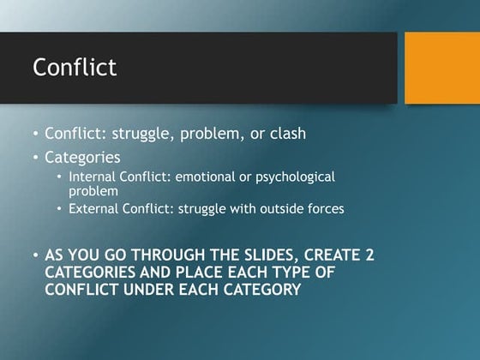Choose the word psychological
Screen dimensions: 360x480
tap(297, 177)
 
